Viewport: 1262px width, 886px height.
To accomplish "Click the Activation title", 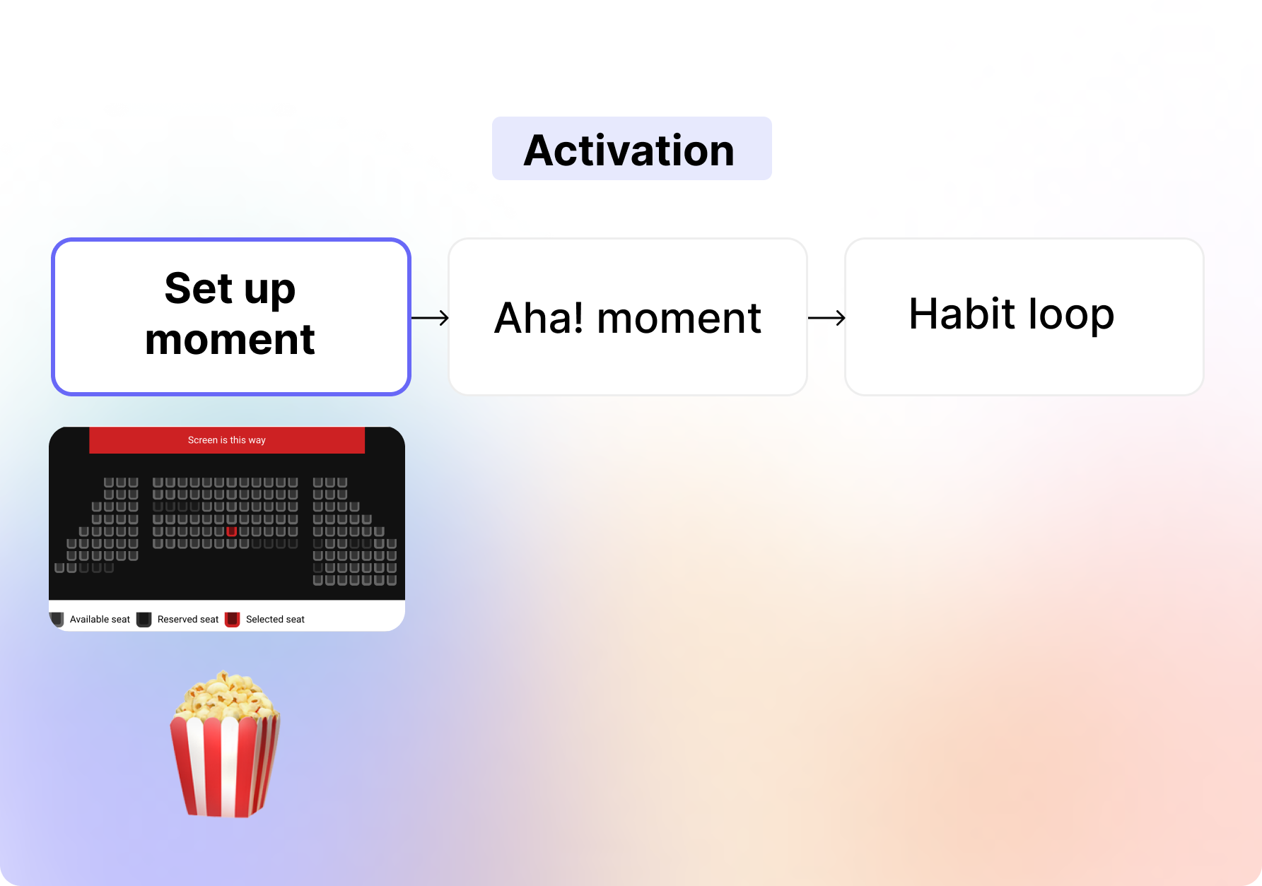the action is pos(629,150).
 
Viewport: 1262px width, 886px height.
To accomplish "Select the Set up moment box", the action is pos(231,317).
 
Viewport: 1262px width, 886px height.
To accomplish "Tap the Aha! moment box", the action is pos(628,317).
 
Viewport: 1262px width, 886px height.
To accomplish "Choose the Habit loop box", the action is pos(1024,317).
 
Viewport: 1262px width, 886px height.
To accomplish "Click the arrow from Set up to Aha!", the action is pos(430,318).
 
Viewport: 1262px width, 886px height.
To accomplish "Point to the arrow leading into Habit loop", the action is pos(826,318).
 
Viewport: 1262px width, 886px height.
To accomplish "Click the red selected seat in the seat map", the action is pos(231,531).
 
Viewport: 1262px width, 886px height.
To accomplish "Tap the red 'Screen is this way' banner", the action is pos(227,440).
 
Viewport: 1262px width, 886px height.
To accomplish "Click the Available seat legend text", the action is pos(100,620).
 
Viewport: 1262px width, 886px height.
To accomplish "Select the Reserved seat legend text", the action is pos(188,620).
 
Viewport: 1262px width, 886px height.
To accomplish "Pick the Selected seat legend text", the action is pos(275,620).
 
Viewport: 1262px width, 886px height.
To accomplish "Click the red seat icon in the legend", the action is pos(233,620).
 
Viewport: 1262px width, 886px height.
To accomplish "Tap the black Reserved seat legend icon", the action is pos(144,620).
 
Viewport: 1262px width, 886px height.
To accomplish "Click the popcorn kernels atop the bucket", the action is pos(225,695).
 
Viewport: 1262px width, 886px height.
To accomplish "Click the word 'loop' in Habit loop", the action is pos(1071,314).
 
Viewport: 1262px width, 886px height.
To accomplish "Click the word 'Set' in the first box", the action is pos(199,288).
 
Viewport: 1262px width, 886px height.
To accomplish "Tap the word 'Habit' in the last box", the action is pos(962,314).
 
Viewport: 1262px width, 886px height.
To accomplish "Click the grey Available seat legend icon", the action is pos(57,620).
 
